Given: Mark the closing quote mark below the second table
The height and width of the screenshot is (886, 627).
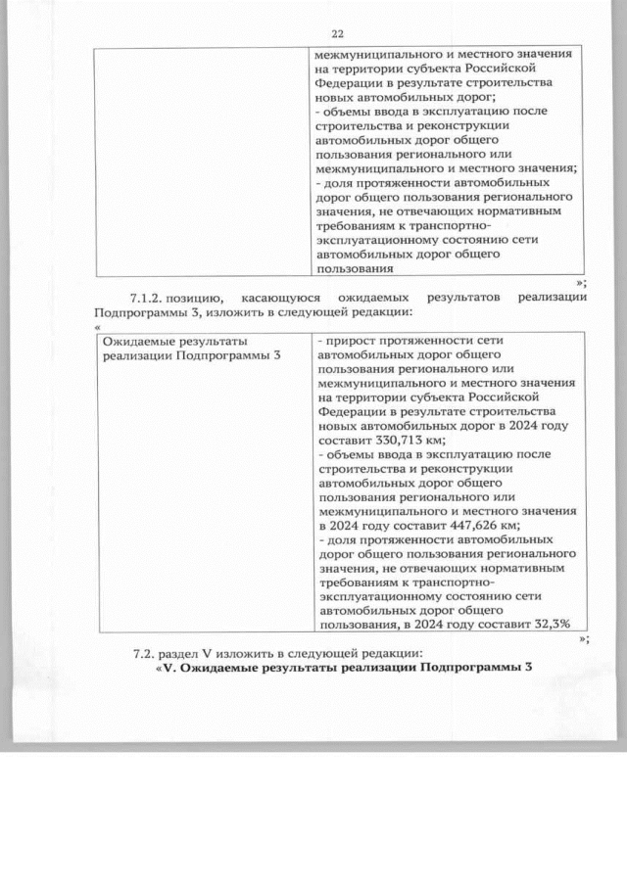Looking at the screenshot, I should click(583, 638).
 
